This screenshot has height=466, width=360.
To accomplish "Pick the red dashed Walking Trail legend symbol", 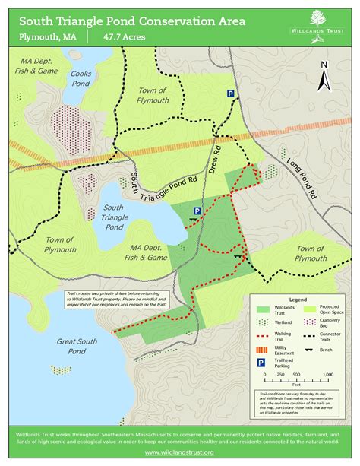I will [x=264, y=335].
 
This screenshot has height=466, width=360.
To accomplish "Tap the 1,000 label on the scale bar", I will [x=327, y=375].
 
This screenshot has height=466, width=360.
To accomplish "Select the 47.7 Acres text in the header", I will [x=124, y=36].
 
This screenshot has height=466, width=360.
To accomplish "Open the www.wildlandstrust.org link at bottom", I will [x=180, y=452].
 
